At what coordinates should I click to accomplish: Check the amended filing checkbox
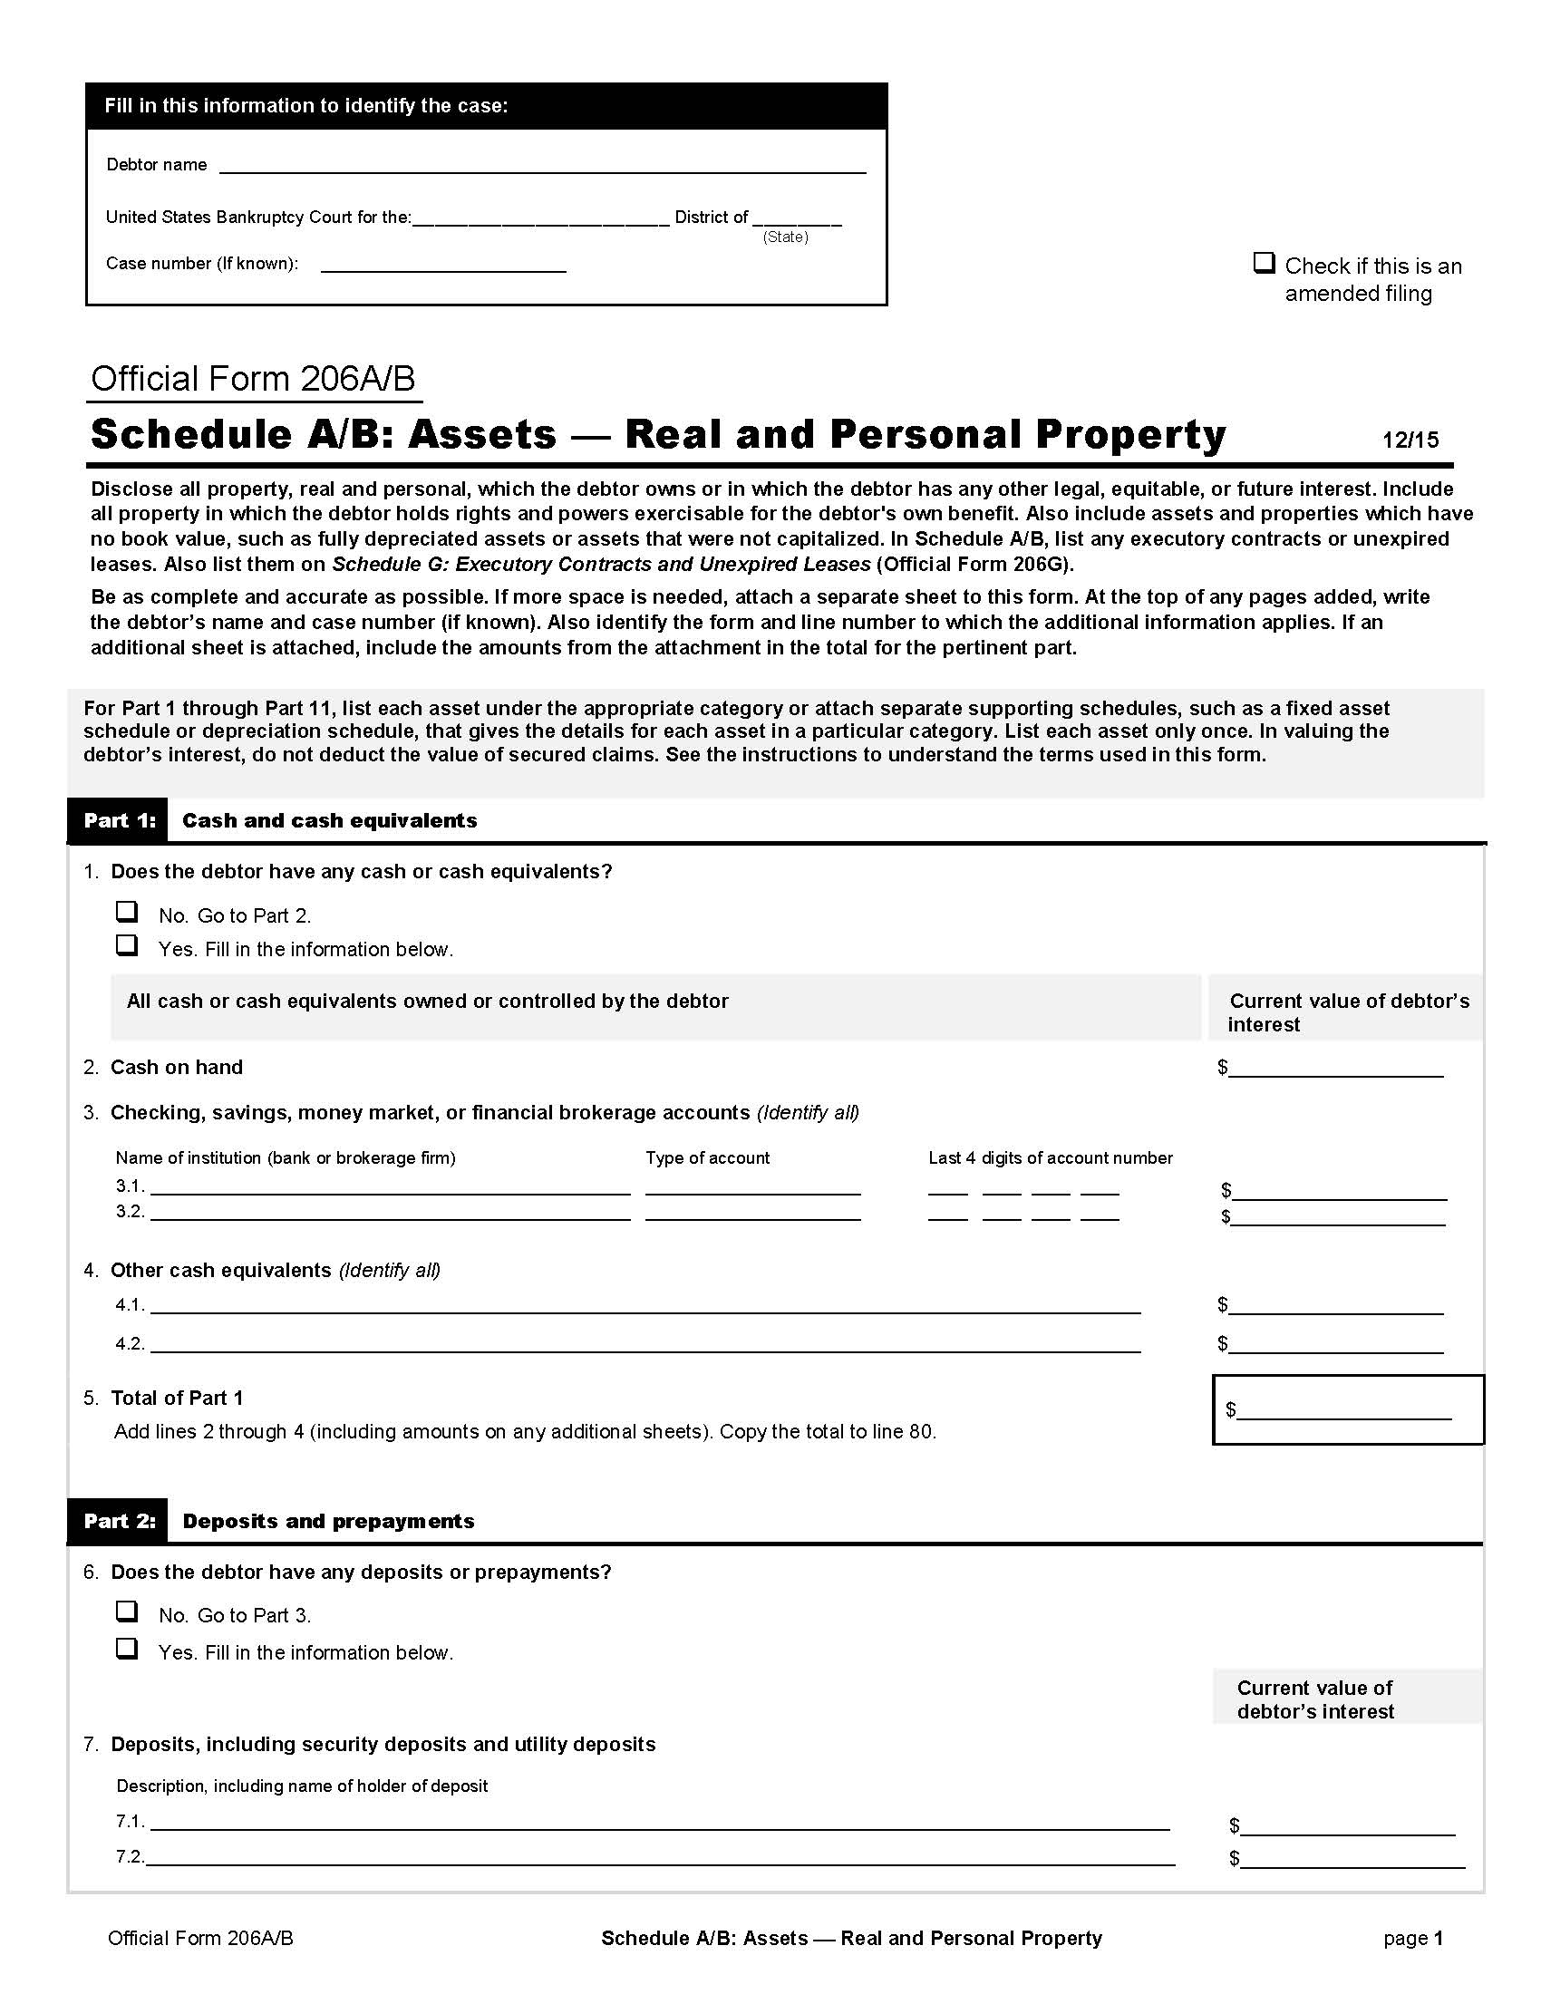(1264, 264)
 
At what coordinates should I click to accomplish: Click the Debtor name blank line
(542, 166)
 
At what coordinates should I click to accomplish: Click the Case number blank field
(443, 265)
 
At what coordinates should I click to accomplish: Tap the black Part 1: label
(119, 820)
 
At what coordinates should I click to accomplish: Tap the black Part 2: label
(119, 1520)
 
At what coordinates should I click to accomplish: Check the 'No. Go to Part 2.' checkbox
(127, 912)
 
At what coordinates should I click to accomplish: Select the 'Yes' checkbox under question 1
(127, 945)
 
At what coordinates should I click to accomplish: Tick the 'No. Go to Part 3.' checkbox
(127, 1612)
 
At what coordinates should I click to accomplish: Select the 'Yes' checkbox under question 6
(127, 1648)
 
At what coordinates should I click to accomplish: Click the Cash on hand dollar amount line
(1335, 1070)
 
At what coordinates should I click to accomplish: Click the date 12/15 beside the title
(1410, 440)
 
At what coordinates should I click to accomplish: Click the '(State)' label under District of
(785, 237)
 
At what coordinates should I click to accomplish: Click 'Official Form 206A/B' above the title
(253, 379)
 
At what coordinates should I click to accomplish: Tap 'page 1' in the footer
(1412, 1938)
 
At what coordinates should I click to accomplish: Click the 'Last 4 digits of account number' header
(1050, 1157)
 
